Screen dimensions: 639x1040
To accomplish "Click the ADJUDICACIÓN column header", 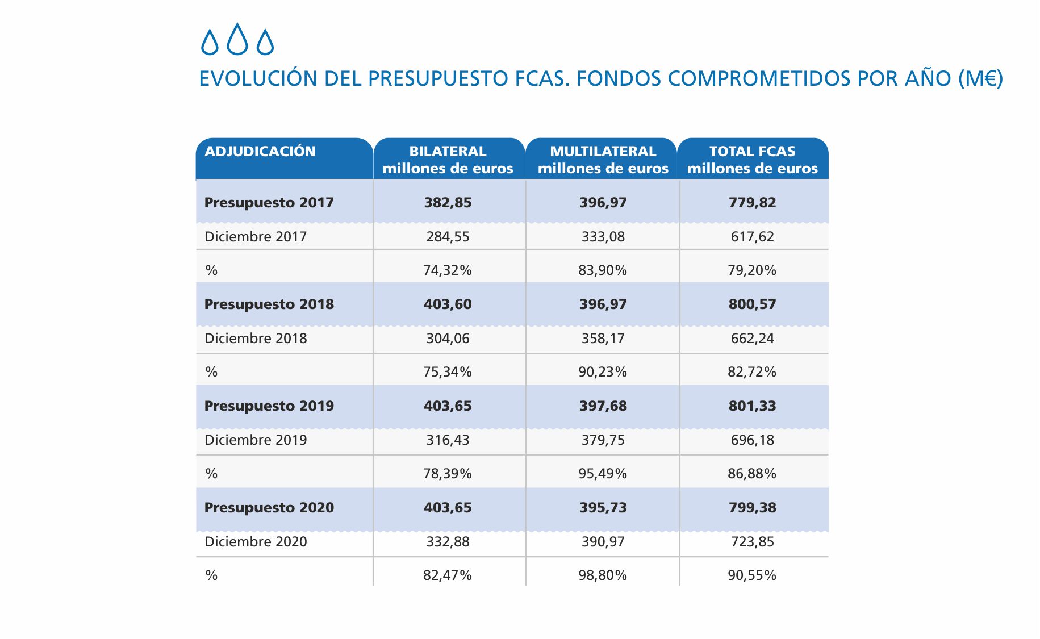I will [x=260, y=152].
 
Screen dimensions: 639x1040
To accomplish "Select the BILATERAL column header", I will [x=448, y=160].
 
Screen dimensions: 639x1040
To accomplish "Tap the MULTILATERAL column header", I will [x=603, y=160].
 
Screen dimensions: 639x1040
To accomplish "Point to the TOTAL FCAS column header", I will [x=752, y=160].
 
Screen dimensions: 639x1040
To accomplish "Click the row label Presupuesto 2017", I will [x=269, y=203].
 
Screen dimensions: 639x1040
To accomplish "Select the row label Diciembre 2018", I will [x=256, y=339].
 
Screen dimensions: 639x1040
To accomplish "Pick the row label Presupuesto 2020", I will [x=269, y=508].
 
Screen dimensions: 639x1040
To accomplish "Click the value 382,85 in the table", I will [x=448, y=203].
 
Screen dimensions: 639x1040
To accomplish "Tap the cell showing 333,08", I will [x=603, y=237].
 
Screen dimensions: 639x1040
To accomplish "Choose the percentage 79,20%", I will [x=752, y=270].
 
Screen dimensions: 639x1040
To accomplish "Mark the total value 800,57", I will [x=752, y=304].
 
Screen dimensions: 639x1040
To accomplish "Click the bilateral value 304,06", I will [x=448, y=339].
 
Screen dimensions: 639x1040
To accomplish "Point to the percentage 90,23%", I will [x=603, y=372].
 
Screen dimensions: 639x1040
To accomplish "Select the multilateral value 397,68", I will [x=603, y=406].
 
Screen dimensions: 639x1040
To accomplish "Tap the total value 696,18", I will [x=752, y=440].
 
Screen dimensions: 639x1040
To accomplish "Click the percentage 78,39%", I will [x=448, y=474].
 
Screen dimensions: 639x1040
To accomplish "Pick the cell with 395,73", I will [x=603, y=508].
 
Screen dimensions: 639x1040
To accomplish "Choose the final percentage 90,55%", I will [x=752, y=575].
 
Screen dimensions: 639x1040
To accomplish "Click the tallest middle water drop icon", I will [x=237, y=40].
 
